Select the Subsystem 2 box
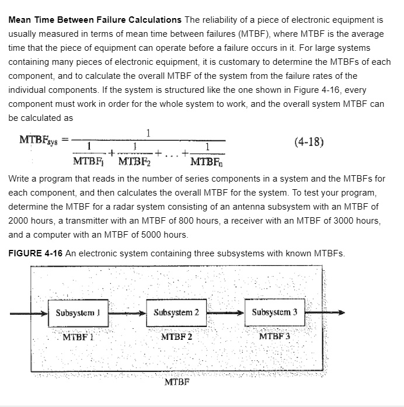coord(176,312)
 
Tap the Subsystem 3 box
coord(274,312)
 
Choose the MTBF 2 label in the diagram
coord(176,336)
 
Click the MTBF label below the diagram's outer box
coord(177,382)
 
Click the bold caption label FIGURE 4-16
coord(35,253)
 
